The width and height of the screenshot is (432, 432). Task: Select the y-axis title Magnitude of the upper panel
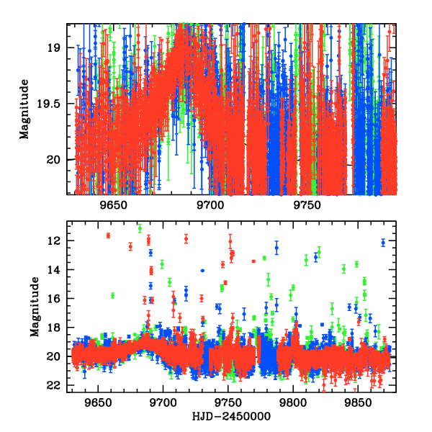point(24,109)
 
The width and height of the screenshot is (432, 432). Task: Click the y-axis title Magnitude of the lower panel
point(34,308)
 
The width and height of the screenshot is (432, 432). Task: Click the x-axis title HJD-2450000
point(232,416)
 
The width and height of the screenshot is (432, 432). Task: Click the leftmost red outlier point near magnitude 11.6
point(108,235)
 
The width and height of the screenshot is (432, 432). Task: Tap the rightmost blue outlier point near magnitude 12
point(383,243)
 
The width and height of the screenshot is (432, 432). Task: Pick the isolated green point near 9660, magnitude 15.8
point(112,295)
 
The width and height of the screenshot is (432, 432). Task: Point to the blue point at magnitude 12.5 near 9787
point(276,248)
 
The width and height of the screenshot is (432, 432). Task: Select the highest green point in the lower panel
point(140,228)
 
